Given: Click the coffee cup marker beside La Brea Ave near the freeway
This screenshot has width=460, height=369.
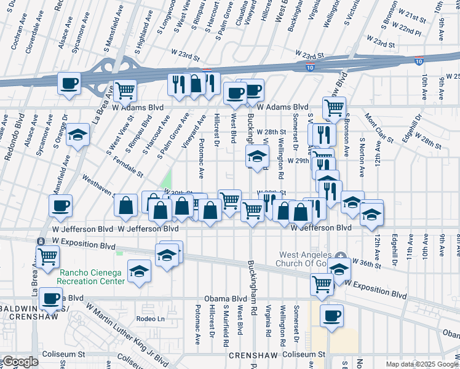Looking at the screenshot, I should click(x=69, y=82).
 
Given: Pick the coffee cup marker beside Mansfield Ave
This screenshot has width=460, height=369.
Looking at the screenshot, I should click(x=60, y=205).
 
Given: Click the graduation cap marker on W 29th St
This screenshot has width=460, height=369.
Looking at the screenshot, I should click(x=258, y=156).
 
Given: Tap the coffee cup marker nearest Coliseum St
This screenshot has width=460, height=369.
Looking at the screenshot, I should click(x=331, y=315).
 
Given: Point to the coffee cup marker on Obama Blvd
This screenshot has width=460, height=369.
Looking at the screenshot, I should click(x=52, y=299).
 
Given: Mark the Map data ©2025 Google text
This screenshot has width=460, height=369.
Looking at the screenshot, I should click(x=422, y=364).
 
